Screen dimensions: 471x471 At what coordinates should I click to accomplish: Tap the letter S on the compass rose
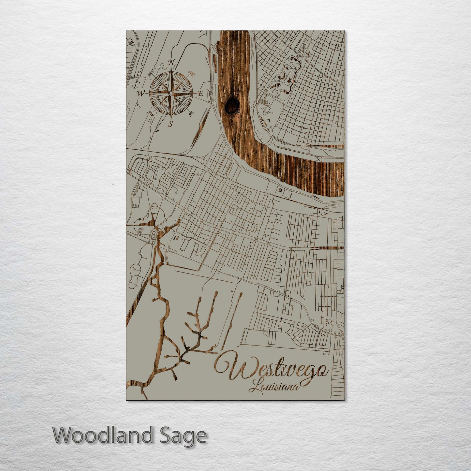(170, 124)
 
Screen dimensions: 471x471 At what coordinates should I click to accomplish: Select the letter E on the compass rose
(201, 94)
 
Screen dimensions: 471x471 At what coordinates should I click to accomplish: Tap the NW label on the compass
(151, 74)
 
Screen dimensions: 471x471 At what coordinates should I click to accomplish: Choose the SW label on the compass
(151, 113)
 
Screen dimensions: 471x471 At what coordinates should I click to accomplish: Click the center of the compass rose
(170, 94)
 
